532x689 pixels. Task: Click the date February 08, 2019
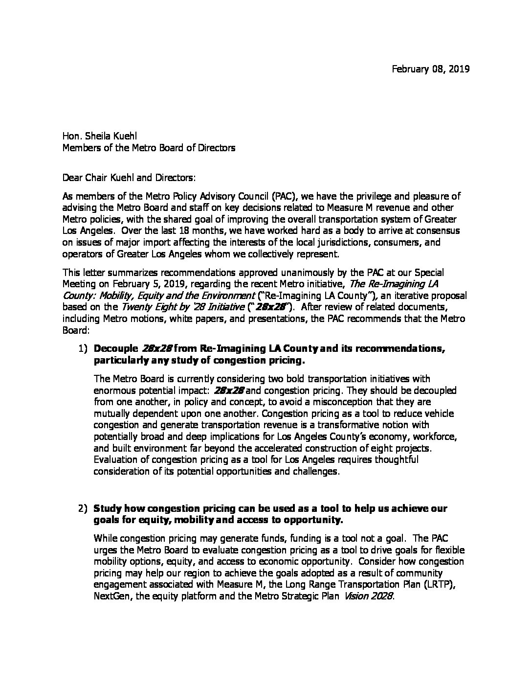[x=430, y=69]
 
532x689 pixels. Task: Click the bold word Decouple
[x=116, y=349]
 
